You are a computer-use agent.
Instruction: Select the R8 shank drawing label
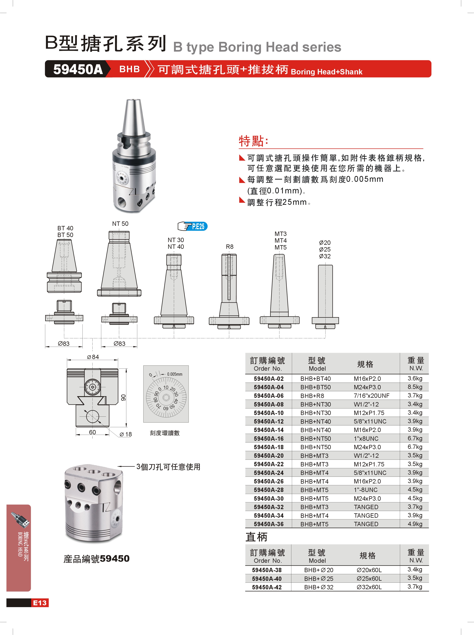coord(230,247)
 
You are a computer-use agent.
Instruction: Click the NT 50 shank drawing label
coord(120,224)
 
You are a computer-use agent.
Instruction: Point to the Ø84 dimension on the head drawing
coord(93,357)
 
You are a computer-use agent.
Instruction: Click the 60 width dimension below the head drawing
coord(92,432)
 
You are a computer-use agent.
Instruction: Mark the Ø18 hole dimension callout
coord(126,434)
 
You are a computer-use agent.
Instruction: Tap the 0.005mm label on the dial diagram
coord(175,374)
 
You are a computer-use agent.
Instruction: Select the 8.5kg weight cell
coord(415,387)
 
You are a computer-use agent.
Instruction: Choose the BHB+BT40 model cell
coord(315,379)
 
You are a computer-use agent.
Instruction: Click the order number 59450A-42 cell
coord(267,587)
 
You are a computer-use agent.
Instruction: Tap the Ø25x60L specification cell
coord(369,579)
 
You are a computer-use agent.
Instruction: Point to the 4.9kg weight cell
coord(415,524)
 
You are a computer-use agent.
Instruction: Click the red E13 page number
coord(40,603)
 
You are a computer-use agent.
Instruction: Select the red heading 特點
coord(254,141)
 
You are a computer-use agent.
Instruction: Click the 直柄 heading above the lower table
coord(256,537)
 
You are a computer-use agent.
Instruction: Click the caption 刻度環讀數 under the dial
coord(165,433)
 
